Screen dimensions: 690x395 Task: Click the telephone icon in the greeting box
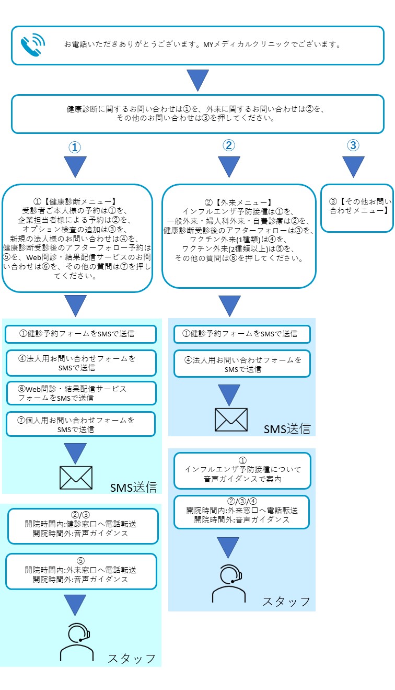pos(32,45)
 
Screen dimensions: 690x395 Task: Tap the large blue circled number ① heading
pos(75,148)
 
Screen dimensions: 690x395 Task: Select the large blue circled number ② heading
pos(228,146)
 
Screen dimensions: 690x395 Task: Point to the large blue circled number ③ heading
pos(354,145)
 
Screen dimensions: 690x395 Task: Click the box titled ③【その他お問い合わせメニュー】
pos(357,207)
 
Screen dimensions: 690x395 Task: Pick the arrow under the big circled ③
pos(354,167)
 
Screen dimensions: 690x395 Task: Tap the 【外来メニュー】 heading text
pos(239,201)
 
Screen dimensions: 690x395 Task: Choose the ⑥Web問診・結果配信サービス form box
pos(81,393)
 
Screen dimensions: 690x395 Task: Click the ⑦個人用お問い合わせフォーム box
pos(81,424)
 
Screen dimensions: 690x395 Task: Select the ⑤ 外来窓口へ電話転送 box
pos(81,571)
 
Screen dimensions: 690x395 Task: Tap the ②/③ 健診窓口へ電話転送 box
pos(83,526)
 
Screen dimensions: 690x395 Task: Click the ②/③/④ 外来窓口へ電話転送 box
pos(242,512)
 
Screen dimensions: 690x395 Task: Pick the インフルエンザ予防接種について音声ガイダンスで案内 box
pos(242,470)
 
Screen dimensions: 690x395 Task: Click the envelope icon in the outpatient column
pos(231,419)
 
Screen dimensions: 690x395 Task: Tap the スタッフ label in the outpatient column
pos(286,602)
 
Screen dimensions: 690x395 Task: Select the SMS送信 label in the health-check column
pos(133,488)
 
